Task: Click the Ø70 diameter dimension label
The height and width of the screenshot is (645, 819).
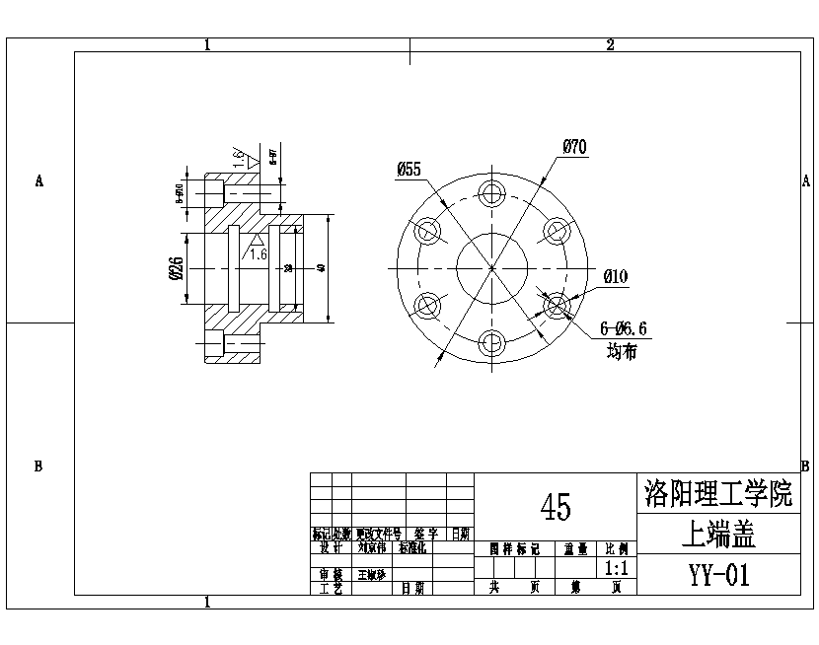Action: (575, 147)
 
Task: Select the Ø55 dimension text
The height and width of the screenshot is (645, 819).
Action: (409, 170)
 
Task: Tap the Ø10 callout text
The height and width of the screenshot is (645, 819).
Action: (615, 276)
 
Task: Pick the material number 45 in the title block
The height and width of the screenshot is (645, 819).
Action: (556, 507)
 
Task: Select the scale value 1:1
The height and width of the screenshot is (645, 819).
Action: (617, 568)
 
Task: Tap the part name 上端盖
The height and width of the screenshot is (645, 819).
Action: (718, 535)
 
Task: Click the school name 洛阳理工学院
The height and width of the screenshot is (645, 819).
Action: (717, 493)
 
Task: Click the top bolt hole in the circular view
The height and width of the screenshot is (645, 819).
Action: (491, 192)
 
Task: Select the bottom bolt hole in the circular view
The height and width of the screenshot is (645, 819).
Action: (491, 344)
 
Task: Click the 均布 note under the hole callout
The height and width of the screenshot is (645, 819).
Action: (622, 351)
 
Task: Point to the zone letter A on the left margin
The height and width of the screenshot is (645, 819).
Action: (39, 181)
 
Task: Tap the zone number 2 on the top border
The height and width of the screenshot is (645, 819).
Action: (610, 44)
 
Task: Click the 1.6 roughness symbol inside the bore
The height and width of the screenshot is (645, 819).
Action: (258, 248)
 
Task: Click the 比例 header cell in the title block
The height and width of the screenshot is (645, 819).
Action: (617, 548)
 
